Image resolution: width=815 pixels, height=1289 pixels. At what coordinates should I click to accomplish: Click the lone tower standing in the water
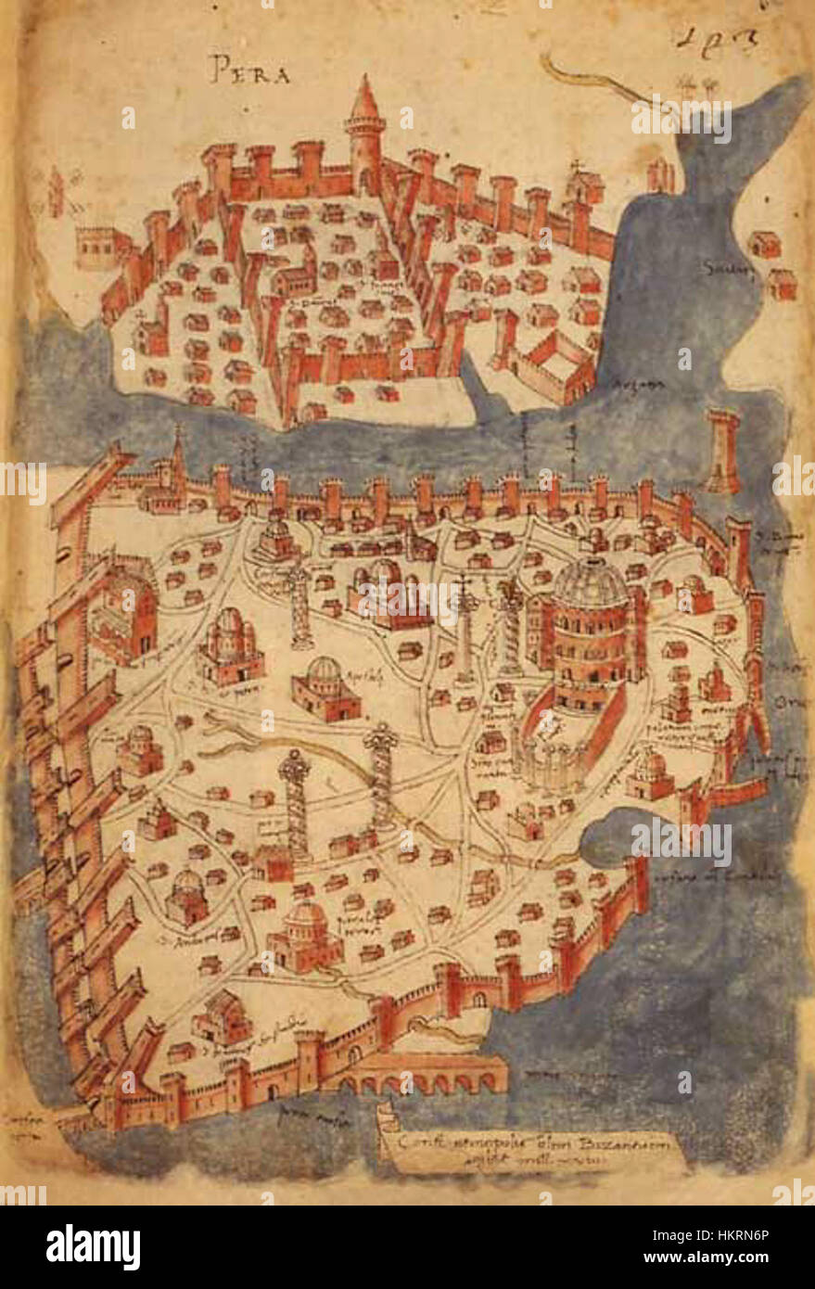point(724,450)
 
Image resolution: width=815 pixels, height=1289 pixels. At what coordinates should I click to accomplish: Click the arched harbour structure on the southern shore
point(427,1075)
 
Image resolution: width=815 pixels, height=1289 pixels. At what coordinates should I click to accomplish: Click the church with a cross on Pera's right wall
point(584,185)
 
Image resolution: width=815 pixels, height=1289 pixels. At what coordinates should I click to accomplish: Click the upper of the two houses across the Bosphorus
point(765,244)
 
